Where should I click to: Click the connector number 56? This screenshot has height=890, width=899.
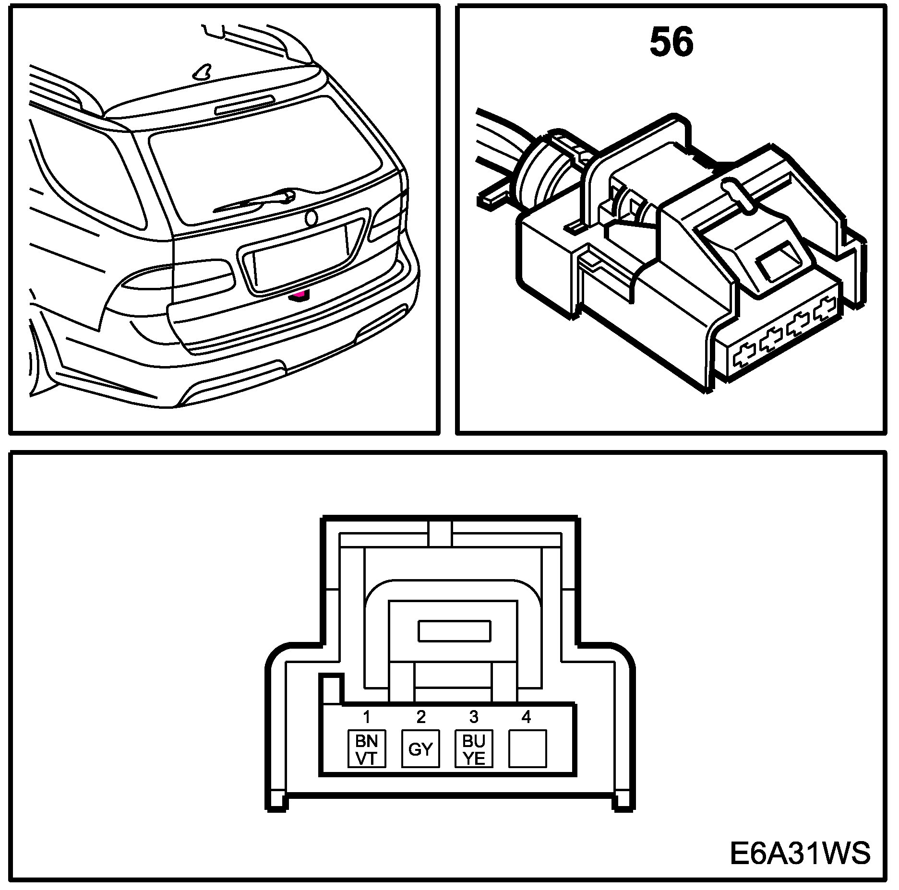(x=671, y=42)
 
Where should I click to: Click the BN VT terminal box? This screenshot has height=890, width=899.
(x=367, y=748)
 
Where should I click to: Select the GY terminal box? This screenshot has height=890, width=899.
(x=420, y=748)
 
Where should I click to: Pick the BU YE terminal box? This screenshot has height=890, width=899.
(x=474, y=748)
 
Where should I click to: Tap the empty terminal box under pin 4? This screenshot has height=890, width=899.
(x=527, y=748)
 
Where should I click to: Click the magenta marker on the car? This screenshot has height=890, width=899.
(x=300, y=295)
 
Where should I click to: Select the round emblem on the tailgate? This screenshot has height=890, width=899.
(x=312, y=218)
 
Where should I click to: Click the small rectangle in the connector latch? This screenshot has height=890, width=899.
(x=454, y=631)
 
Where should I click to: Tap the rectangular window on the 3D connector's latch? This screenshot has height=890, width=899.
(x=778, y=261)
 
